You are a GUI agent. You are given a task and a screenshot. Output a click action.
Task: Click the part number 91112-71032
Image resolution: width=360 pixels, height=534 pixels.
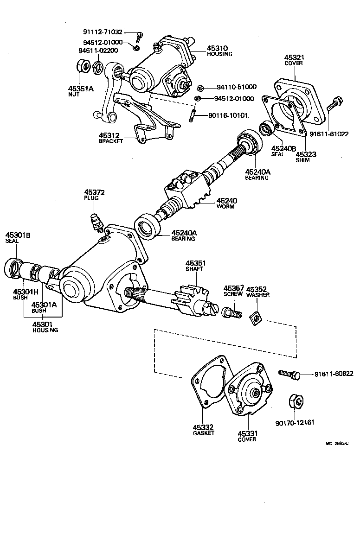[103, 32]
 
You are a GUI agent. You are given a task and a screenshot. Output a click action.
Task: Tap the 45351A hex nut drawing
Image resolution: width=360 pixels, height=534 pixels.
[84, 67]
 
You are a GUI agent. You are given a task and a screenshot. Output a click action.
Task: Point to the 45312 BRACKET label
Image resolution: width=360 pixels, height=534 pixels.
[111, 138]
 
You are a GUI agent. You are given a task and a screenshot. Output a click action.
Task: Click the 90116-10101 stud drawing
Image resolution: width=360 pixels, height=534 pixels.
[191, 116]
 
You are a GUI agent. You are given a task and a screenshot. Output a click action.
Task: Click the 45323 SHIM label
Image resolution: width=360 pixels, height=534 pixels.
[306, 156]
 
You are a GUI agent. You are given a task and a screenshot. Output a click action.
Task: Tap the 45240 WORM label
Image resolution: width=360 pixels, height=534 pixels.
[225, 203]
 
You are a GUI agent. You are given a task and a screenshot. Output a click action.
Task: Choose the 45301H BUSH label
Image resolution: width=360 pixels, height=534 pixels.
[22, 294]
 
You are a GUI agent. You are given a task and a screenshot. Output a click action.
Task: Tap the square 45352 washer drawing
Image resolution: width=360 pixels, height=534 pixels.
[254, 319]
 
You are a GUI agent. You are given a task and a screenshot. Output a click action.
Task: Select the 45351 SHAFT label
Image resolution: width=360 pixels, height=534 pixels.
[195, 265]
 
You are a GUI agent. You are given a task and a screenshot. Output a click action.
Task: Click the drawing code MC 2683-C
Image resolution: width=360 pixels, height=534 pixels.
[337, 443]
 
